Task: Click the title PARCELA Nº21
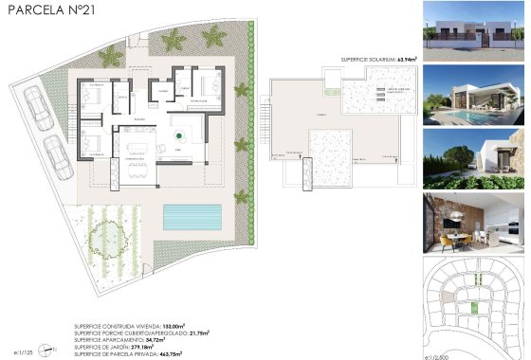click(45, 10)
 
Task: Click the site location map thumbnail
click(474, 303)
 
